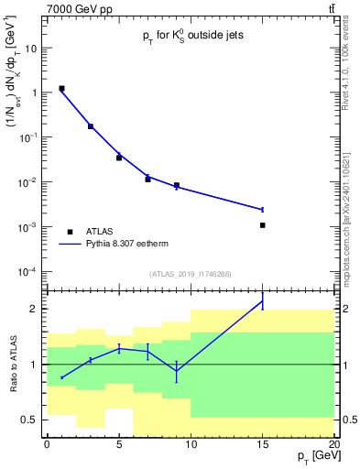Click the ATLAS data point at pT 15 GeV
point(262,224)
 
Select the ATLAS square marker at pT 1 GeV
point(61,89)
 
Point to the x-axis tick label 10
point(191,444)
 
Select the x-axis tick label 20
point(334,444)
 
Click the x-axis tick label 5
point(119,444)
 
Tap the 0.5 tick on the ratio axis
point(30,420)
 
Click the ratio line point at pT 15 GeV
point(262,301)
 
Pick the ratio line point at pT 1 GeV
point(61,377)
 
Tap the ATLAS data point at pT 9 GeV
point(176,185)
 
